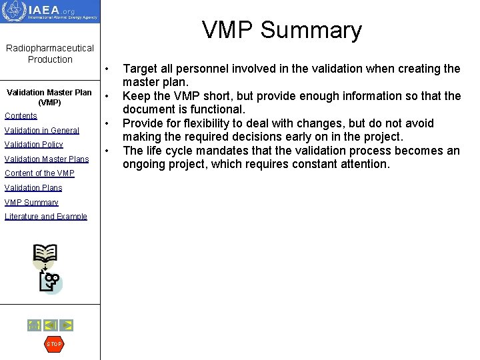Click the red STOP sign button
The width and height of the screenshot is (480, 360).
click(53, 344)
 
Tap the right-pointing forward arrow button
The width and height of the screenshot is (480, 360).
click(66, 325)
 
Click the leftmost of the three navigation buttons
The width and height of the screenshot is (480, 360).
click(34, 325)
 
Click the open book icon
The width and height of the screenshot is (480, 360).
click(45, 254)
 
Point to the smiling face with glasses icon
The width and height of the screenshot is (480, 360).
click(51, 281)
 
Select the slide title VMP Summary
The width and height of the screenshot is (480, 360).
click(281, 30)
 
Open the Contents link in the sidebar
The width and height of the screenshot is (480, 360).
click(21, 116)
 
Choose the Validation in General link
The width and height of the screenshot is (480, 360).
click(41, 131)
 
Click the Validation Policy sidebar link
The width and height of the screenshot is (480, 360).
click(33, 145)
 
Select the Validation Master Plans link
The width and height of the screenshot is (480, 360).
click(46, 159)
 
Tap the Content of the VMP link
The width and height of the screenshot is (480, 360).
click(39, 173)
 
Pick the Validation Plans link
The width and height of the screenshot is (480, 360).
click(33, 188)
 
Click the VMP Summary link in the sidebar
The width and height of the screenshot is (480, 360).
click(31, 202)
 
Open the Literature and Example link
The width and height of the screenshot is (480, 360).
click(45, 217)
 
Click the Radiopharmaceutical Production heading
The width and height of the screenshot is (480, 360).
click(50, 53)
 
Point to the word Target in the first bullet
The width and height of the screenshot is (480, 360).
click(140, 69)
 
